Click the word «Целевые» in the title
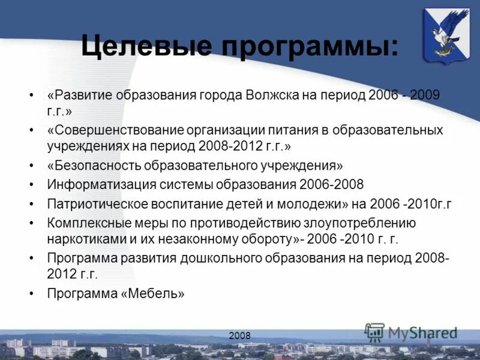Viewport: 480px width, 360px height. tap(146, 46)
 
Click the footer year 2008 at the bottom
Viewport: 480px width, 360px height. tap(239, 335)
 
